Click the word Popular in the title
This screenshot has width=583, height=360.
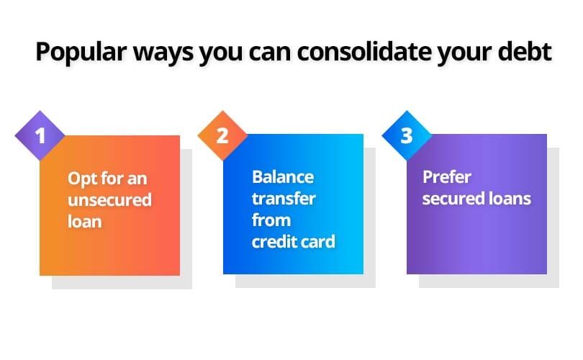81,53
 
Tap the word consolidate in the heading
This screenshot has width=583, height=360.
364,51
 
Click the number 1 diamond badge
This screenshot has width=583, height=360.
40,136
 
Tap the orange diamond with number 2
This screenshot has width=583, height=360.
222,136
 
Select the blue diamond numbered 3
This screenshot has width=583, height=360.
407,136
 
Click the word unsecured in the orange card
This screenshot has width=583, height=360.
109,200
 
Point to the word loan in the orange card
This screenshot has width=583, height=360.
85,222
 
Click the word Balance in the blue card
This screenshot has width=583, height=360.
283,177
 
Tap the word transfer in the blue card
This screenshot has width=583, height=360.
284,199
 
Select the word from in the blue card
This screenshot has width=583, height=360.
271,220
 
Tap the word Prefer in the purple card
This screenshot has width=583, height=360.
447,177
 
